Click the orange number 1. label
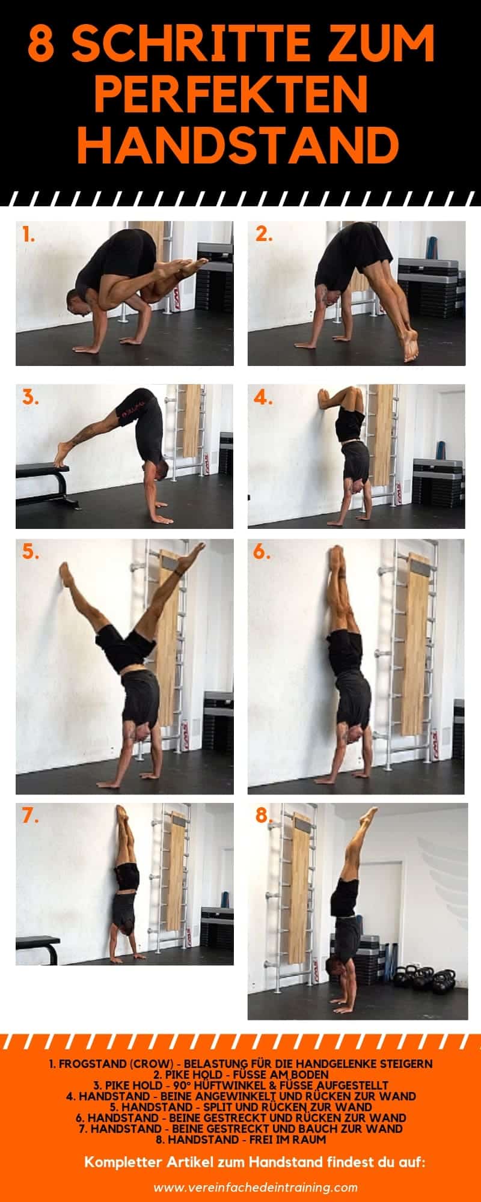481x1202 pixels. (28, 234)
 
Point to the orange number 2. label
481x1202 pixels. (263, 234)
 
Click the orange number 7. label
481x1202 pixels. (31, 816)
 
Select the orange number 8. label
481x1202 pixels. (263, 816)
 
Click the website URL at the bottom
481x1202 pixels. (256, 1187)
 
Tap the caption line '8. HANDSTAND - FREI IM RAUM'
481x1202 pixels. (240, 1139)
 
